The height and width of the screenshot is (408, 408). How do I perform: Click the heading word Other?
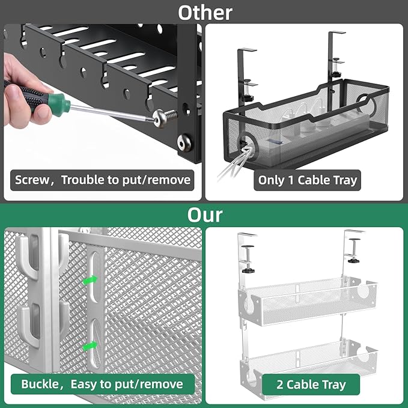[x=204, y=12]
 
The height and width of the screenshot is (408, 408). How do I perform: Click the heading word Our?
[x=204, y=215]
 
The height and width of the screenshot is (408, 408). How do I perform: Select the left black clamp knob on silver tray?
[x=246, y=270]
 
